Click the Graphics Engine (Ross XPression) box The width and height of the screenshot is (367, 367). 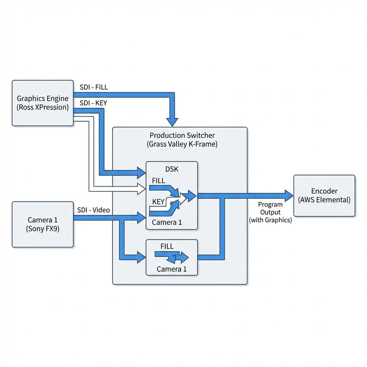43,103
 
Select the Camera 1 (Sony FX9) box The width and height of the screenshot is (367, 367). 43,224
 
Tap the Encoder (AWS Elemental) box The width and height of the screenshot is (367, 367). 324,196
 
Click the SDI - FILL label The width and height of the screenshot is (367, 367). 94,87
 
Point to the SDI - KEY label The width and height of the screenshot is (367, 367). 94,103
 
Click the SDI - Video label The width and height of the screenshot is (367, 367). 94,210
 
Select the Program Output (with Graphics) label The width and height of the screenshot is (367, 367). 270,212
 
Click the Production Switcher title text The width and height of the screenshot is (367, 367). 182,135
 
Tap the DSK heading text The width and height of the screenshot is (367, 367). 172,169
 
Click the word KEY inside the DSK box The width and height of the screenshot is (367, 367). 158,201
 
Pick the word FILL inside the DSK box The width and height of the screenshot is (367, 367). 158,181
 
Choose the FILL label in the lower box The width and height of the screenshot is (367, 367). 167,246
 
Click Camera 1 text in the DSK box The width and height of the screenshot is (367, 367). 167,222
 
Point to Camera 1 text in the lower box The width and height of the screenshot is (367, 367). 172,269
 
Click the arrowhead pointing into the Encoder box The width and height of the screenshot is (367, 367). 289,196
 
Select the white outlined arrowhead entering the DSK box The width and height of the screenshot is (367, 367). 141,189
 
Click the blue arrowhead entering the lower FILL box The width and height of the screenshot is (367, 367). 141,257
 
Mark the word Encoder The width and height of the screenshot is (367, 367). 324,191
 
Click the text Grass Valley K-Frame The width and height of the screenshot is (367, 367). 182,144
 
